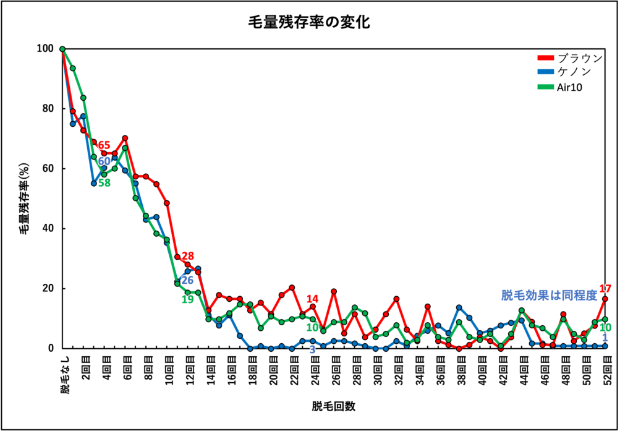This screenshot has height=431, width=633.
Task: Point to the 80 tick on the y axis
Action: click(x=48, y=109)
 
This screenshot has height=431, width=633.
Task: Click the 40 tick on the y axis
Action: click(x=48, y=229)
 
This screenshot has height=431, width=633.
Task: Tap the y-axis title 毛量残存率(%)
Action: click(x=24, y=198)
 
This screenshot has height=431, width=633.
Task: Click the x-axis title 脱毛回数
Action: click(x=333, y=406)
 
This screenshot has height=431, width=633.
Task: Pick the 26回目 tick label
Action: click(x=334, y=369)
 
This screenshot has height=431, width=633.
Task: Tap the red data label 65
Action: click(x=104, y=146)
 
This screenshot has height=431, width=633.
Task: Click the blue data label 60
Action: click(x=104, y=161)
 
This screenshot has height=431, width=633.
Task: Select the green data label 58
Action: click(x=104, y=182)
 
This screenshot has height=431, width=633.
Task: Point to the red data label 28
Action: click(x=188, y=256)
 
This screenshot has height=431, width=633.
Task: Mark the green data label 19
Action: click(x=188, y=299)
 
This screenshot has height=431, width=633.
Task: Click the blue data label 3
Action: click(x=312, y=350)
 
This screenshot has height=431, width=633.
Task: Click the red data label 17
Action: click(x=606, y=289)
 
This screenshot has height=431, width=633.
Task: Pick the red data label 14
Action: click(x=312, y=299)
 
